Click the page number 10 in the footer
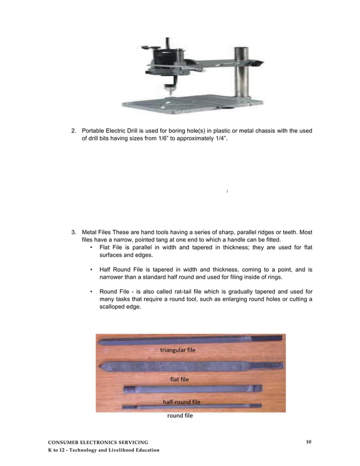(x=309, y=441)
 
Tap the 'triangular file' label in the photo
(x=178, y=350)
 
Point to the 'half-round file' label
(x=181, y=402)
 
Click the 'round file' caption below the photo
(x=179, y=416)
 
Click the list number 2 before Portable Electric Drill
(x=73, y=131)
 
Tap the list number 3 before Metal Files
(x=73, y=232)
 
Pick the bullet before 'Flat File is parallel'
(x=91, y=247)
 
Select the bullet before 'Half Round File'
(x=91, y=270)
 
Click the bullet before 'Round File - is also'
(x=91, y=292)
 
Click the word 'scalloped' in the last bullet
(x=112, y=306)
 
